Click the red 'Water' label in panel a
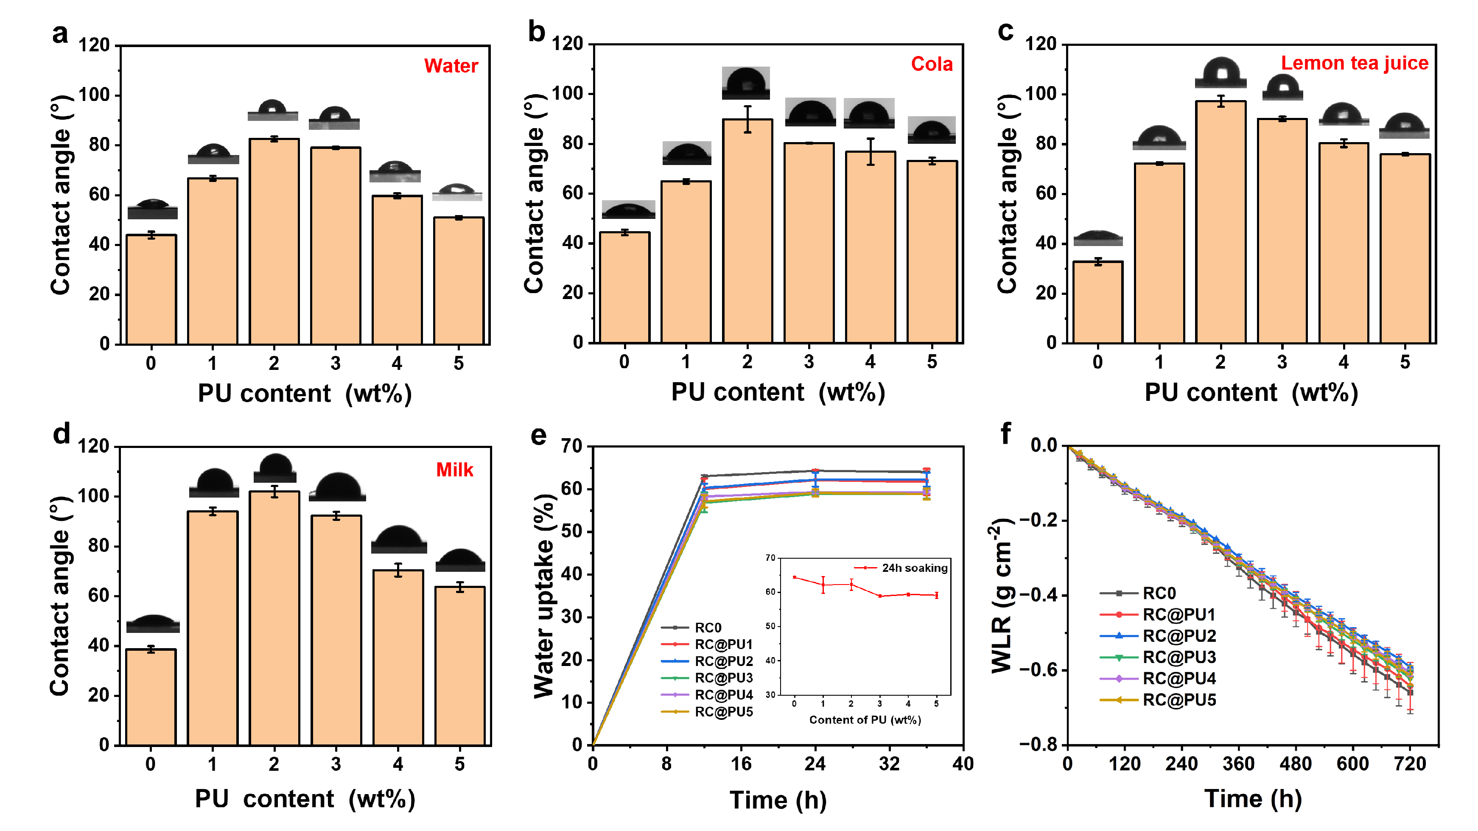(x=451, y=66)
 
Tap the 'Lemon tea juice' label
(x=1354, y=63)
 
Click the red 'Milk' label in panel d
(x=454, y=470)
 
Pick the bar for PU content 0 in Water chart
(x=151, y=289)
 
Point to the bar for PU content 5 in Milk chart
(x=459, y=666)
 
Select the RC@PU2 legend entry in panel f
(x=1179, y=636)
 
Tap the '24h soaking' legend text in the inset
(x=915, y=568)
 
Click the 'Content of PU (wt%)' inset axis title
(x=865, y=720)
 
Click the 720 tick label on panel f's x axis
(x=1410, y=764)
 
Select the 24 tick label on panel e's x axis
(x=815, y=764)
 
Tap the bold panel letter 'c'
(x=1006, y=31)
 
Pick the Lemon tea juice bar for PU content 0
(x=1097, y=302)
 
